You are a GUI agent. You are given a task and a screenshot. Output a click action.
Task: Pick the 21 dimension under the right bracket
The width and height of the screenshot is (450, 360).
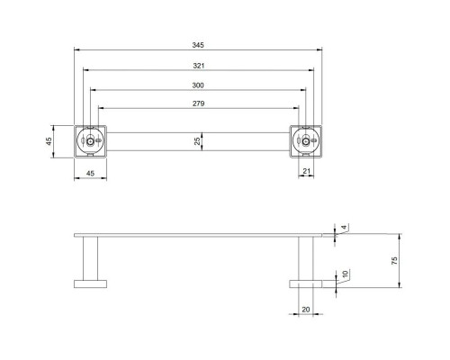click(x=307, y=170)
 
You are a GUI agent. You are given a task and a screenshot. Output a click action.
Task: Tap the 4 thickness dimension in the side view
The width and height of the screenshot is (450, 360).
click(x=343, y=228)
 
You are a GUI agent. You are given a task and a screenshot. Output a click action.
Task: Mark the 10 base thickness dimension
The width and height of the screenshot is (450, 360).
click(x=343, y=274)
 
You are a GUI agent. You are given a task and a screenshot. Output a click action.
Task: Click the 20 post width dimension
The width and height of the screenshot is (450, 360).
click(x=306, y=309)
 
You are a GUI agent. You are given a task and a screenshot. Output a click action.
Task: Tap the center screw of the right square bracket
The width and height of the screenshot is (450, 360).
click(x=306, y=141)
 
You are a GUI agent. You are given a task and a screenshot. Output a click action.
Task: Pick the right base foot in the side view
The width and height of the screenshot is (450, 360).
click(x=306, y=284)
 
